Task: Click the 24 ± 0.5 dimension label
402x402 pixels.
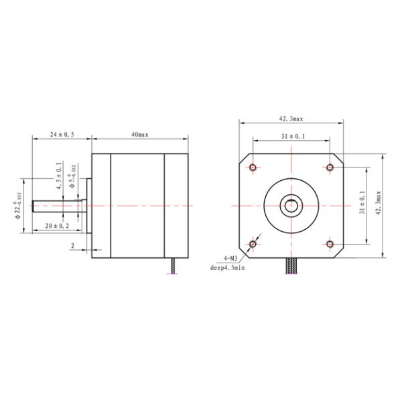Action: tap(61, 135)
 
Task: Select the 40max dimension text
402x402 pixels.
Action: tap(139, 135)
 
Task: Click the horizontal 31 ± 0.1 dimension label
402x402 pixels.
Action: tap(291, 136)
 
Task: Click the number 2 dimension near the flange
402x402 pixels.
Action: tap(72, 245)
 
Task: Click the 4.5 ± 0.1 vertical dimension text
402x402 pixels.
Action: tap(59, 176)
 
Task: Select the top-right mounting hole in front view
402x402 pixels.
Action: tap(330, 167)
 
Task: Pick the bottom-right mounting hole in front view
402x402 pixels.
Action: tap(330, 243)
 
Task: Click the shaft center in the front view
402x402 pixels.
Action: tap(291, 205)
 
